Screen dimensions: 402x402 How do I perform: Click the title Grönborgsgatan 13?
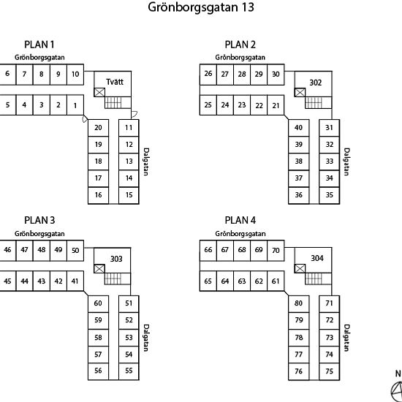point(201,7)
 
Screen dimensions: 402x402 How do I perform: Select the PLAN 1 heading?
point(39,45)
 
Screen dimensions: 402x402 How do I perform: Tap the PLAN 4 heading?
point(240,220)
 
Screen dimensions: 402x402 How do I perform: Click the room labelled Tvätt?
point(115,82)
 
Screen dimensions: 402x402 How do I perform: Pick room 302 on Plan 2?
point(315,83)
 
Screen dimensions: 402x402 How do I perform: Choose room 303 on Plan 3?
point(116,259)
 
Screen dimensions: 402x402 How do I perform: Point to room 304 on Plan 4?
point(317,258)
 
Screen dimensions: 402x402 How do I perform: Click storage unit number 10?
point(75,75)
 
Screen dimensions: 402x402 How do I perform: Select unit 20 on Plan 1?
point(98,128)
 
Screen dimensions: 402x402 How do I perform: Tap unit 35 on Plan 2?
point(329,195)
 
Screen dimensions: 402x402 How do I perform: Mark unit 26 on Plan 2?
point(208,75)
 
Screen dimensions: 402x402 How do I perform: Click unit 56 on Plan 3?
point(98,371)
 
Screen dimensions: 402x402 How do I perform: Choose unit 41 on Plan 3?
point(75,281)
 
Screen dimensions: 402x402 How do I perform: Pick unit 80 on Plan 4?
point(299,303)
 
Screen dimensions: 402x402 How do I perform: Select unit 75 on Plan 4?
point(329,371)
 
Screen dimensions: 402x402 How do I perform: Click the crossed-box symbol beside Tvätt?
point(99,92)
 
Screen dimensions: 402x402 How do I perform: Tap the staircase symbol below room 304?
point(314,278)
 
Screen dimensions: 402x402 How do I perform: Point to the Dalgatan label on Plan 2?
point(346,162)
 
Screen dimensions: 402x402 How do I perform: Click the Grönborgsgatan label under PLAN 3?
point(39,234)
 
